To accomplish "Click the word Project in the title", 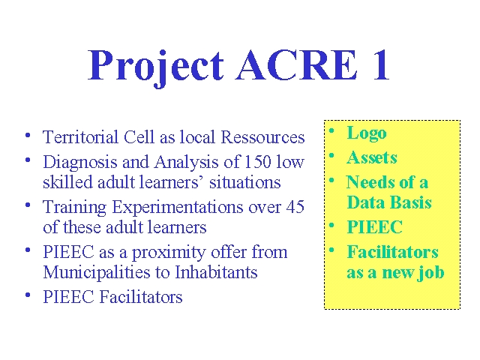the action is (x=156, y=67).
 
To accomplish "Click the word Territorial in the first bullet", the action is (x=80, y=136).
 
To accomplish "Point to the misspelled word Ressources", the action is (x=262, y=136).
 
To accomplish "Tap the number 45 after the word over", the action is (x=295, y=207).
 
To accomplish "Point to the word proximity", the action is (x=168, y=253).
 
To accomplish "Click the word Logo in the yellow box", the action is (x=367, y=134).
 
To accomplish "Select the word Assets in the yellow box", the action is (x=372, y=157).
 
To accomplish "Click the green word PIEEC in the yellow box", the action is (x=375, y=226).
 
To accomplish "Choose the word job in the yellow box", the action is (x=431, y=273).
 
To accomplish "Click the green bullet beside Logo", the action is (x=331, y=130).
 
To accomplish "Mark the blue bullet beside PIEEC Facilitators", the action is (x=28, y=295).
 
